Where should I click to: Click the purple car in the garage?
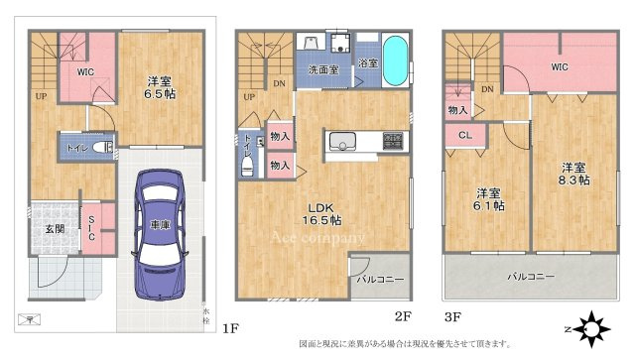159,233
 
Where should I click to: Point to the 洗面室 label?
323,70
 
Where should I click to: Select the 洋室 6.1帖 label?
486,198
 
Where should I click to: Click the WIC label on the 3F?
560,67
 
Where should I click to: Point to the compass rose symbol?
593,326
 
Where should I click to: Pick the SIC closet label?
90,228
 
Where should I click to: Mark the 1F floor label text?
230,325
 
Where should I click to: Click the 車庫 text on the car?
159,226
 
